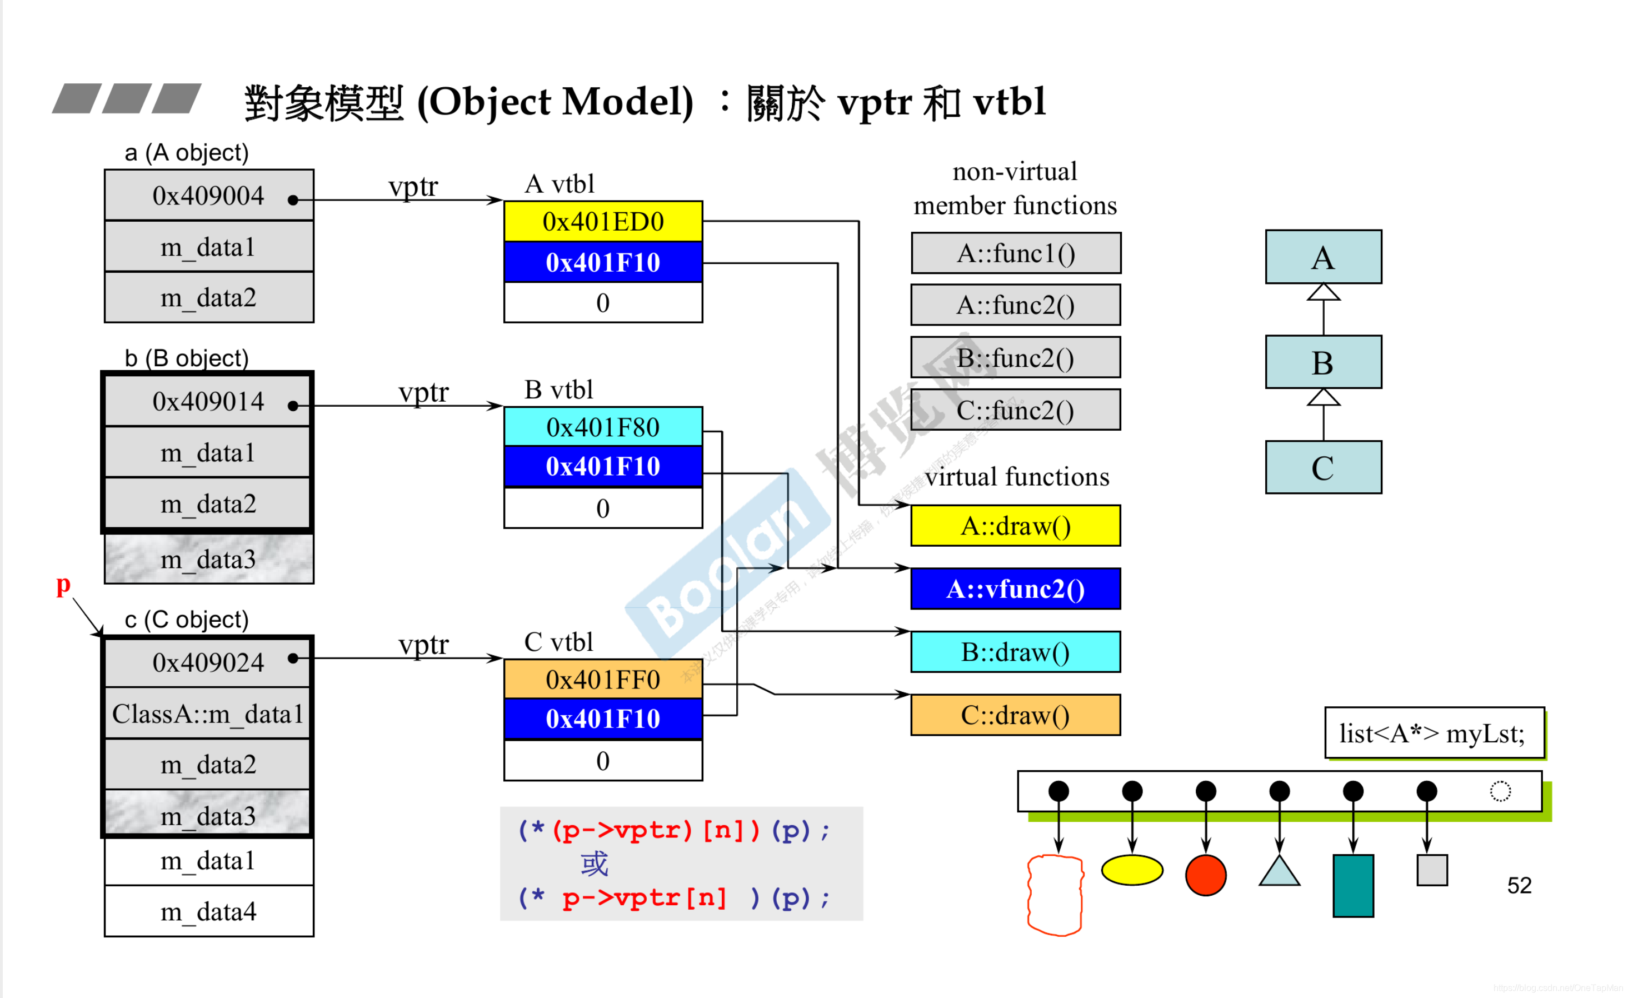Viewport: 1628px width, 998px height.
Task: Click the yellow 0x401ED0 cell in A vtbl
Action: point(602,221)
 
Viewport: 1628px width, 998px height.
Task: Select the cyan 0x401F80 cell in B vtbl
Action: point(602,427)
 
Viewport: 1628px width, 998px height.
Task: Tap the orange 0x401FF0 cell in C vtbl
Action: point(602,679)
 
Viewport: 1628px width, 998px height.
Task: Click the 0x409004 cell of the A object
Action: point(209,196)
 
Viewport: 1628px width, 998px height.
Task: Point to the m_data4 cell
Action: point(209,911)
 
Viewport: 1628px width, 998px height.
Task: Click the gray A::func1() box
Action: point(1016,253)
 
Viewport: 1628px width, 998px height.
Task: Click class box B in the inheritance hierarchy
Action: point(1323,363)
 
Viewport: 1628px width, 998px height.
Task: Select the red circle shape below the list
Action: point(1206,875)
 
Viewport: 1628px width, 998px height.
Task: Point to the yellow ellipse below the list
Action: point(1132,870)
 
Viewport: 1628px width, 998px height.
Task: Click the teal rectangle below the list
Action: point(1352,886)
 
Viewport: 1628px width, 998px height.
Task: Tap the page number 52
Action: point(1519,886)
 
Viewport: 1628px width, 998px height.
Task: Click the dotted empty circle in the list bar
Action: point(1500,791)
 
